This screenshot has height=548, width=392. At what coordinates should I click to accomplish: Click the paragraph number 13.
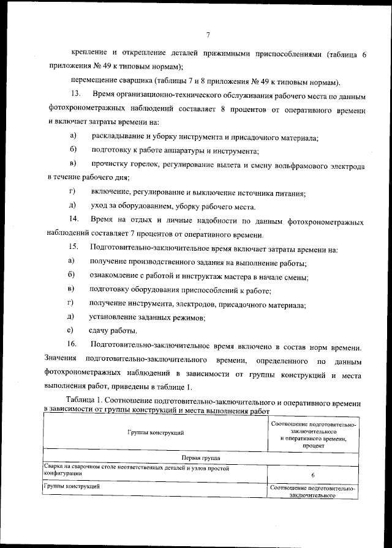(x=76, y=96)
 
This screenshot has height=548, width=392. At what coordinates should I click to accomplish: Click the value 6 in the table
(x=312, y=475)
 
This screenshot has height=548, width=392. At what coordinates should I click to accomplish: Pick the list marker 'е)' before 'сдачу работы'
(x=71, y=330)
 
